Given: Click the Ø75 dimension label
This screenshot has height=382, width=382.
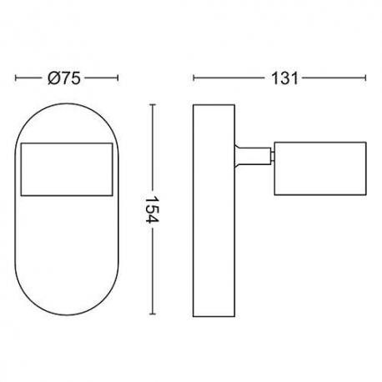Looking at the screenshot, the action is coord(64,78).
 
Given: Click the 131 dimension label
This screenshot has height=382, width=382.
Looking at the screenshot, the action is coord(284,78).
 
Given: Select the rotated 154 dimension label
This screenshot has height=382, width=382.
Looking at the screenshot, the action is coord(152,209).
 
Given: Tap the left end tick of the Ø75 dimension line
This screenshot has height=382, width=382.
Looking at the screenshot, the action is coord(16,78).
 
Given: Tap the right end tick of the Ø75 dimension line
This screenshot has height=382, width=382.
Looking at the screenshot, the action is coord(118,78).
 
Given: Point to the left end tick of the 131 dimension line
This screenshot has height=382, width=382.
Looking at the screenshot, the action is coord(194,78).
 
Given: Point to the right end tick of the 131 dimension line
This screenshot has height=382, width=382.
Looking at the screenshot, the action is coord(365,78).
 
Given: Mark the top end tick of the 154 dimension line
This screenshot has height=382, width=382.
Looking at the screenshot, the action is coord(152,105).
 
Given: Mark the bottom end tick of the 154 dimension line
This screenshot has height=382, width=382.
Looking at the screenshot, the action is coord(152,314).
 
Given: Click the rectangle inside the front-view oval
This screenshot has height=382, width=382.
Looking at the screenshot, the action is coord(67,143).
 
